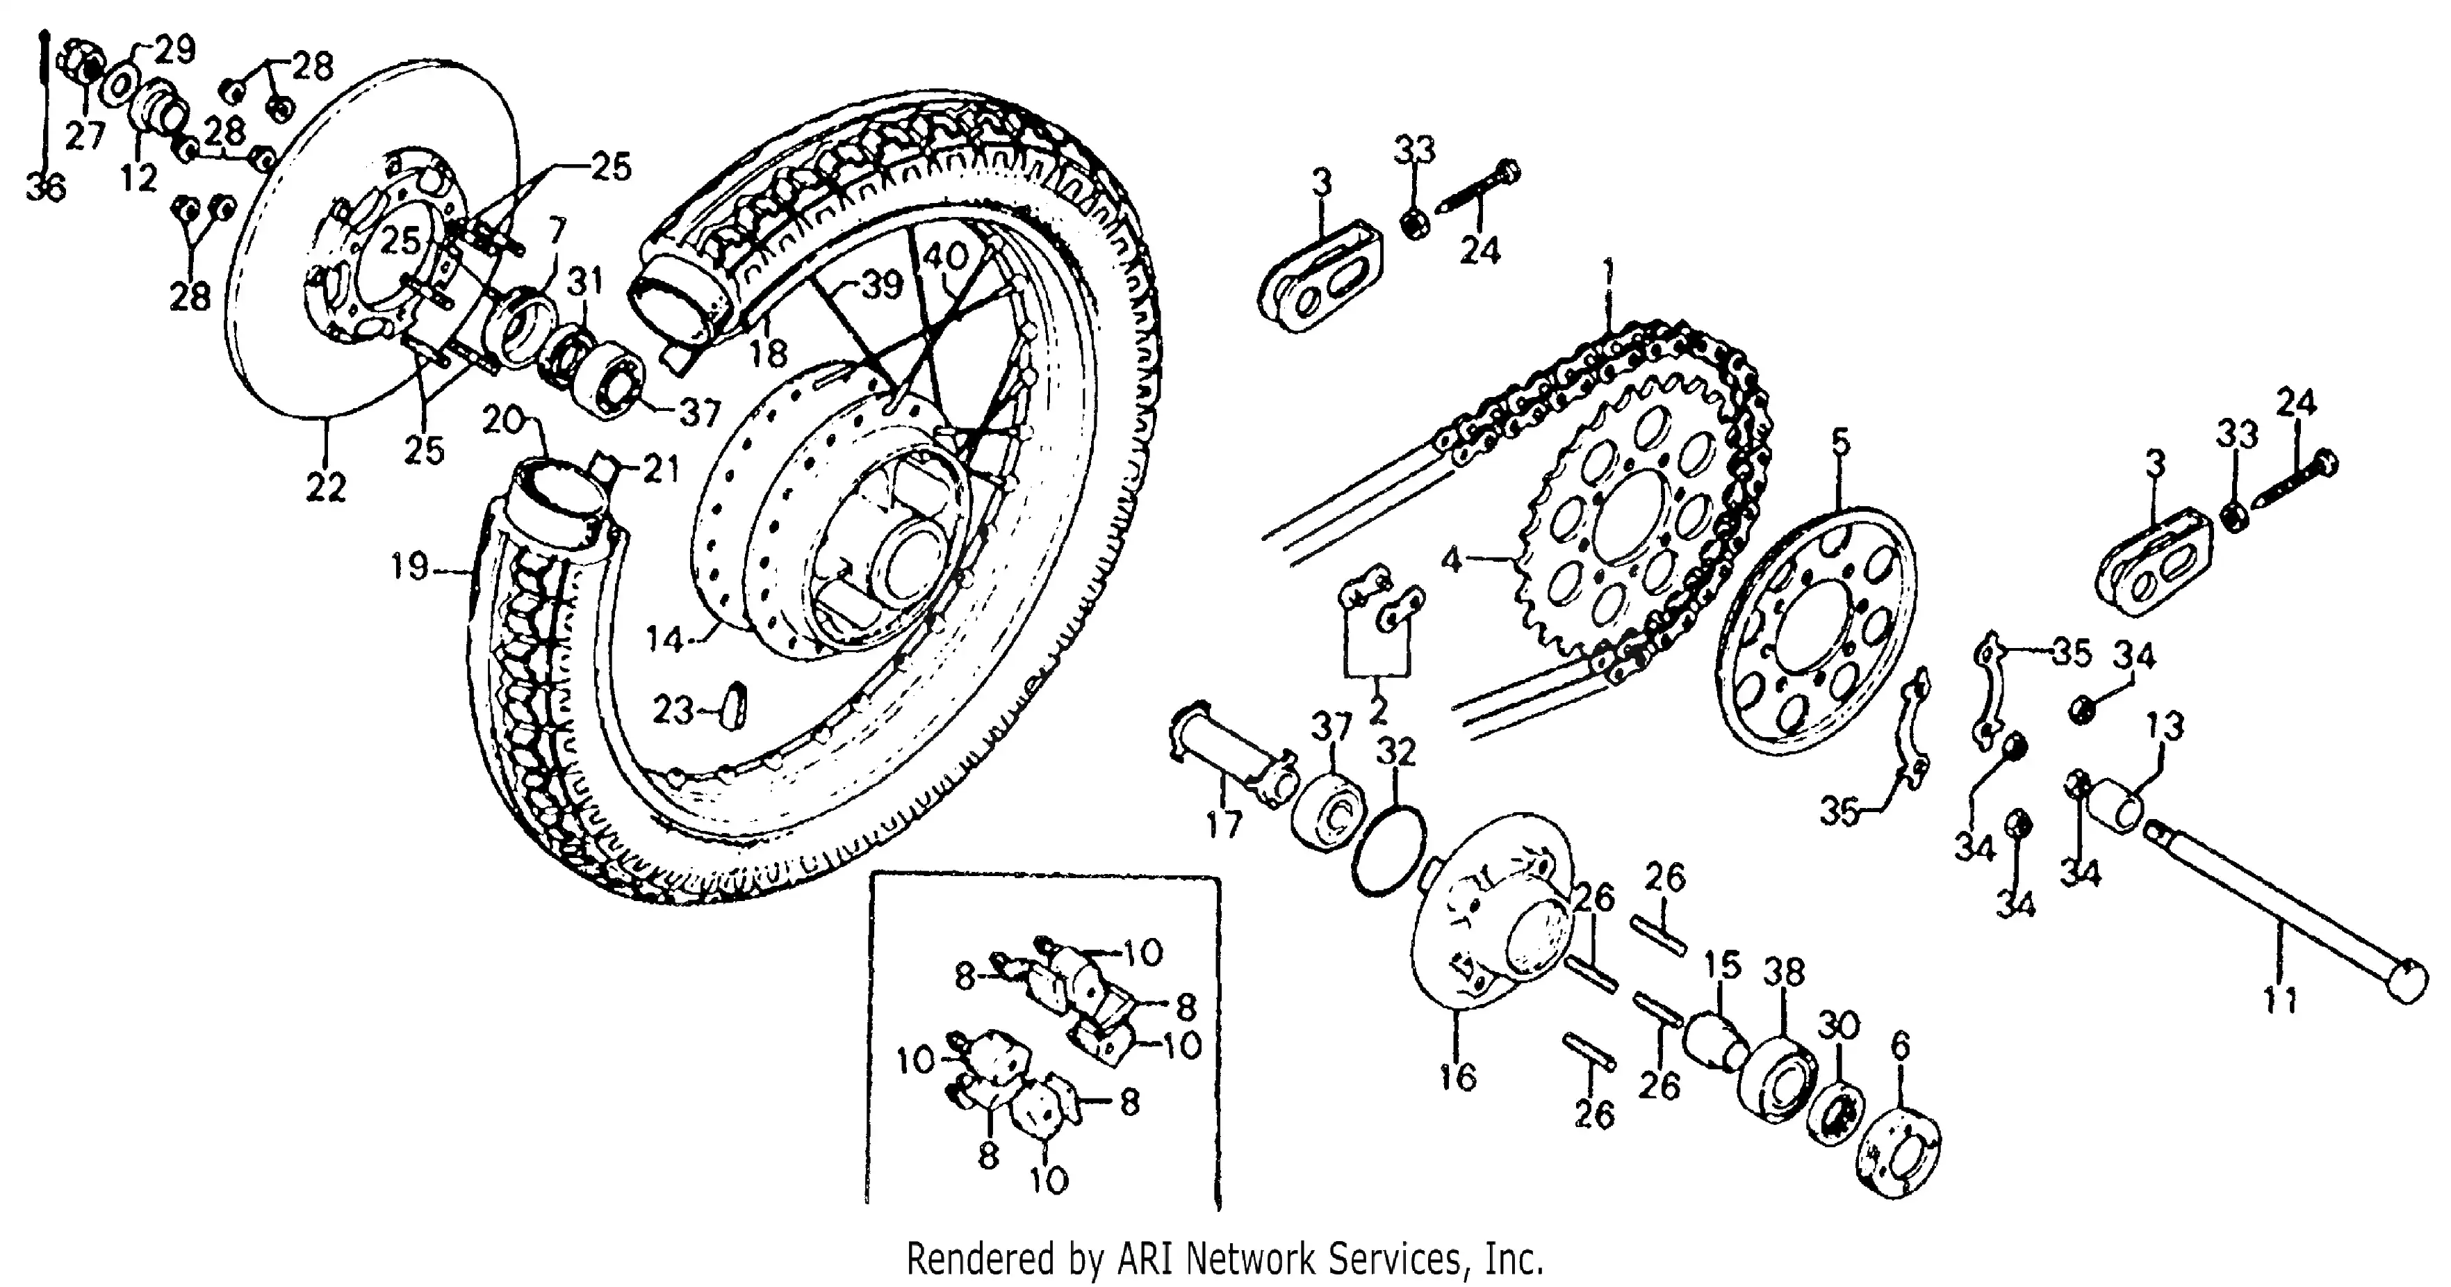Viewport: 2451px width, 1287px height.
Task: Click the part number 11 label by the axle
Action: tap(2280, 1001)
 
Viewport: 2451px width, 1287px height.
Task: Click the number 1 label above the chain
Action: tap(1607, 274)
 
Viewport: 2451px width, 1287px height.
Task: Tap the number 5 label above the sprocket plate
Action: tap(1841, 443)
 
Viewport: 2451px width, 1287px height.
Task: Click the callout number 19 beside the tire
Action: tap(410, 568)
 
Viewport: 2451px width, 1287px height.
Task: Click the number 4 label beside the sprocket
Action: tap(1450, 560)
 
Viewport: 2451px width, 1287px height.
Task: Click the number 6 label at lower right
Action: tap(1899, 1046)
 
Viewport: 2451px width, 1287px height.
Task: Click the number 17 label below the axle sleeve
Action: tap(1224, 825)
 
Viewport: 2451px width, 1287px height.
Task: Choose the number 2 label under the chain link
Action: tap(1377, 709)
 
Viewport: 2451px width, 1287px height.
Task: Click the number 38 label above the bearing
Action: tap(1783, 973)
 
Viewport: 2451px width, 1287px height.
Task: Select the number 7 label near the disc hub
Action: tap(557, 232)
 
